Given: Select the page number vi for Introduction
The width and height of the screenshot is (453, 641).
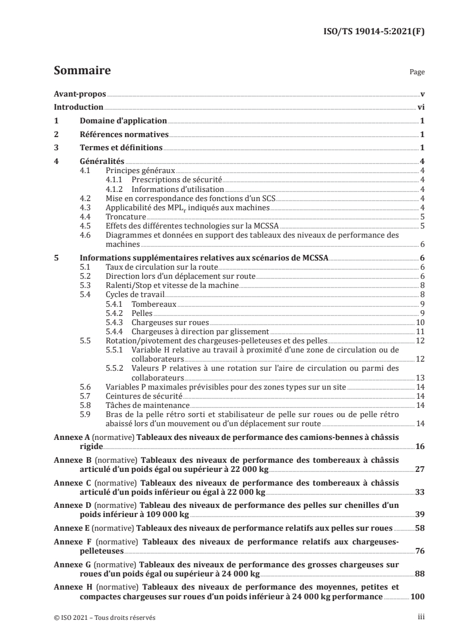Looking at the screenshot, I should pyautogui.click(x=420, y=107).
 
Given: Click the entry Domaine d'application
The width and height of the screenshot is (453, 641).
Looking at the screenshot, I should pyautogui.click(x=123, y=121).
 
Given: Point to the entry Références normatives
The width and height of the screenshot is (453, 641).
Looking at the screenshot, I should pyautogui.click(x=124, y=135).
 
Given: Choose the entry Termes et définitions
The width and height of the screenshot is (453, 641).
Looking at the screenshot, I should pyautogui.click(x=121, y=149).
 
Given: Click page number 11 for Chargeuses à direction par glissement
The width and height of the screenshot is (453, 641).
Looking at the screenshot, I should pyautogui.click(x=419, y=331).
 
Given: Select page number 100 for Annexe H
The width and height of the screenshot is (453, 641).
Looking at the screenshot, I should pyautogui.click(x=417, y=596).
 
